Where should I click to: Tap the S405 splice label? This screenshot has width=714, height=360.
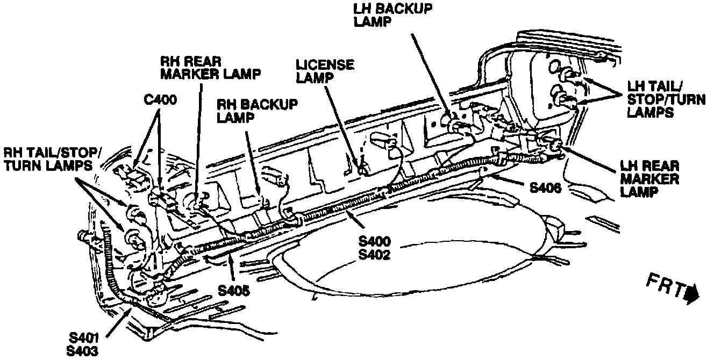(234, 291)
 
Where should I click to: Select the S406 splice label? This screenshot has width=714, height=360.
(546, 188)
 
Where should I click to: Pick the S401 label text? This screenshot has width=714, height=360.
(84, 338)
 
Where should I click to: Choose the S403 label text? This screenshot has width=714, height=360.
(84, 350)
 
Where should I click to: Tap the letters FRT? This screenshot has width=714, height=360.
(665, 286)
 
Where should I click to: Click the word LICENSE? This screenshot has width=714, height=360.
(325, 64)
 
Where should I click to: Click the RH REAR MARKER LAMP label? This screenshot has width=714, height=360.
(210, 66)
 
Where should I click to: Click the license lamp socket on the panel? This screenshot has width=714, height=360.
(364, 168)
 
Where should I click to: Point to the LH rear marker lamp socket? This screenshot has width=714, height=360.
(554, 144)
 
